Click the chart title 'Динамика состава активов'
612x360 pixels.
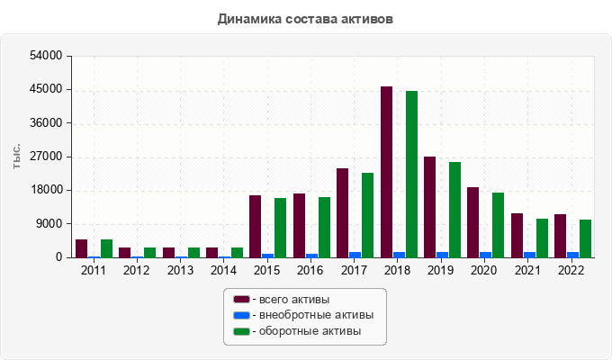305,18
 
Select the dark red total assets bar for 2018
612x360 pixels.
386,172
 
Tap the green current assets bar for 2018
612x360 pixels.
411,174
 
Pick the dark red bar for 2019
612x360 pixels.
429,207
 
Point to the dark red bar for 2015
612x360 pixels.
256,226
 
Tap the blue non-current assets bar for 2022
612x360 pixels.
572,255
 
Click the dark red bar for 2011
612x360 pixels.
81,248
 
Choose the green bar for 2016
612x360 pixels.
324,227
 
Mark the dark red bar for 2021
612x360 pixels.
517,235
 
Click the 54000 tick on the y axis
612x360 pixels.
46,56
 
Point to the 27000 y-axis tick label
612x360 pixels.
46,157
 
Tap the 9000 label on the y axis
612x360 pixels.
49,224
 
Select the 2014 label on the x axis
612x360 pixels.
223,270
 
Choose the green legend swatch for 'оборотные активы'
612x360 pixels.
241,331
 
